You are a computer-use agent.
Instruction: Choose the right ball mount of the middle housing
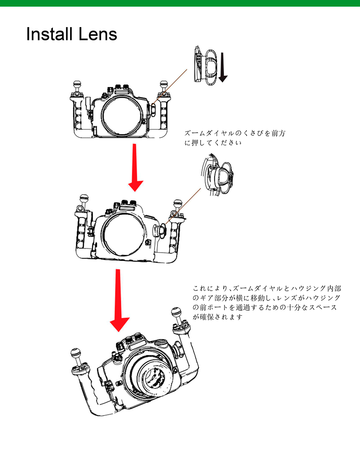click(x=177, y=204)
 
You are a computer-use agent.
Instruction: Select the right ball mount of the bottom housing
click(x=175, y=313)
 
